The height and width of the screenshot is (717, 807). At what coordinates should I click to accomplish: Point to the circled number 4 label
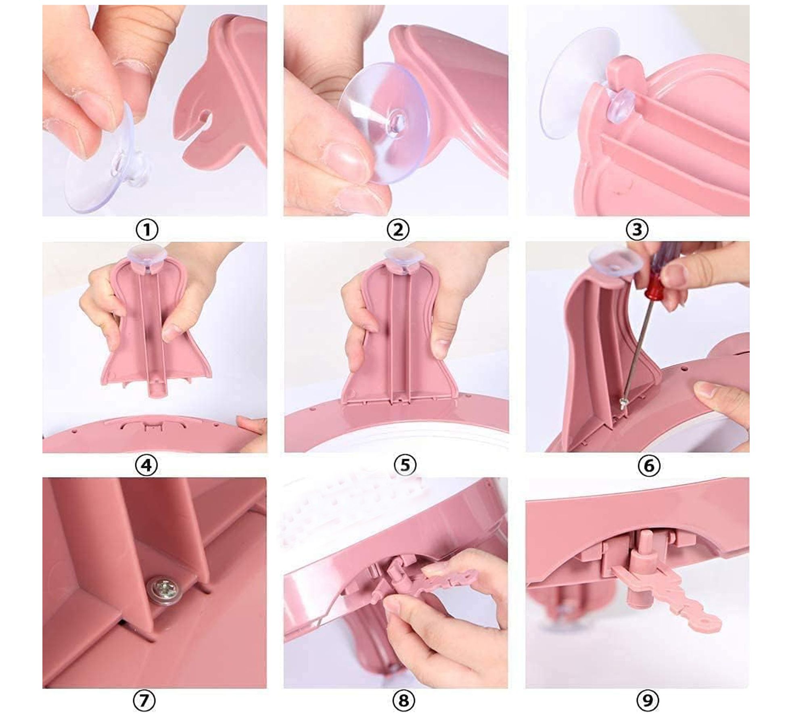click(x=146, y=465)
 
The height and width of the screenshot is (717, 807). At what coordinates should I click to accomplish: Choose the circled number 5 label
click(x=405, y=465)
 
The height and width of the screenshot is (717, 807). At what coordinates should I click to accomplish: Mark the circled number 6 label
click(x=649, y=465)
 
